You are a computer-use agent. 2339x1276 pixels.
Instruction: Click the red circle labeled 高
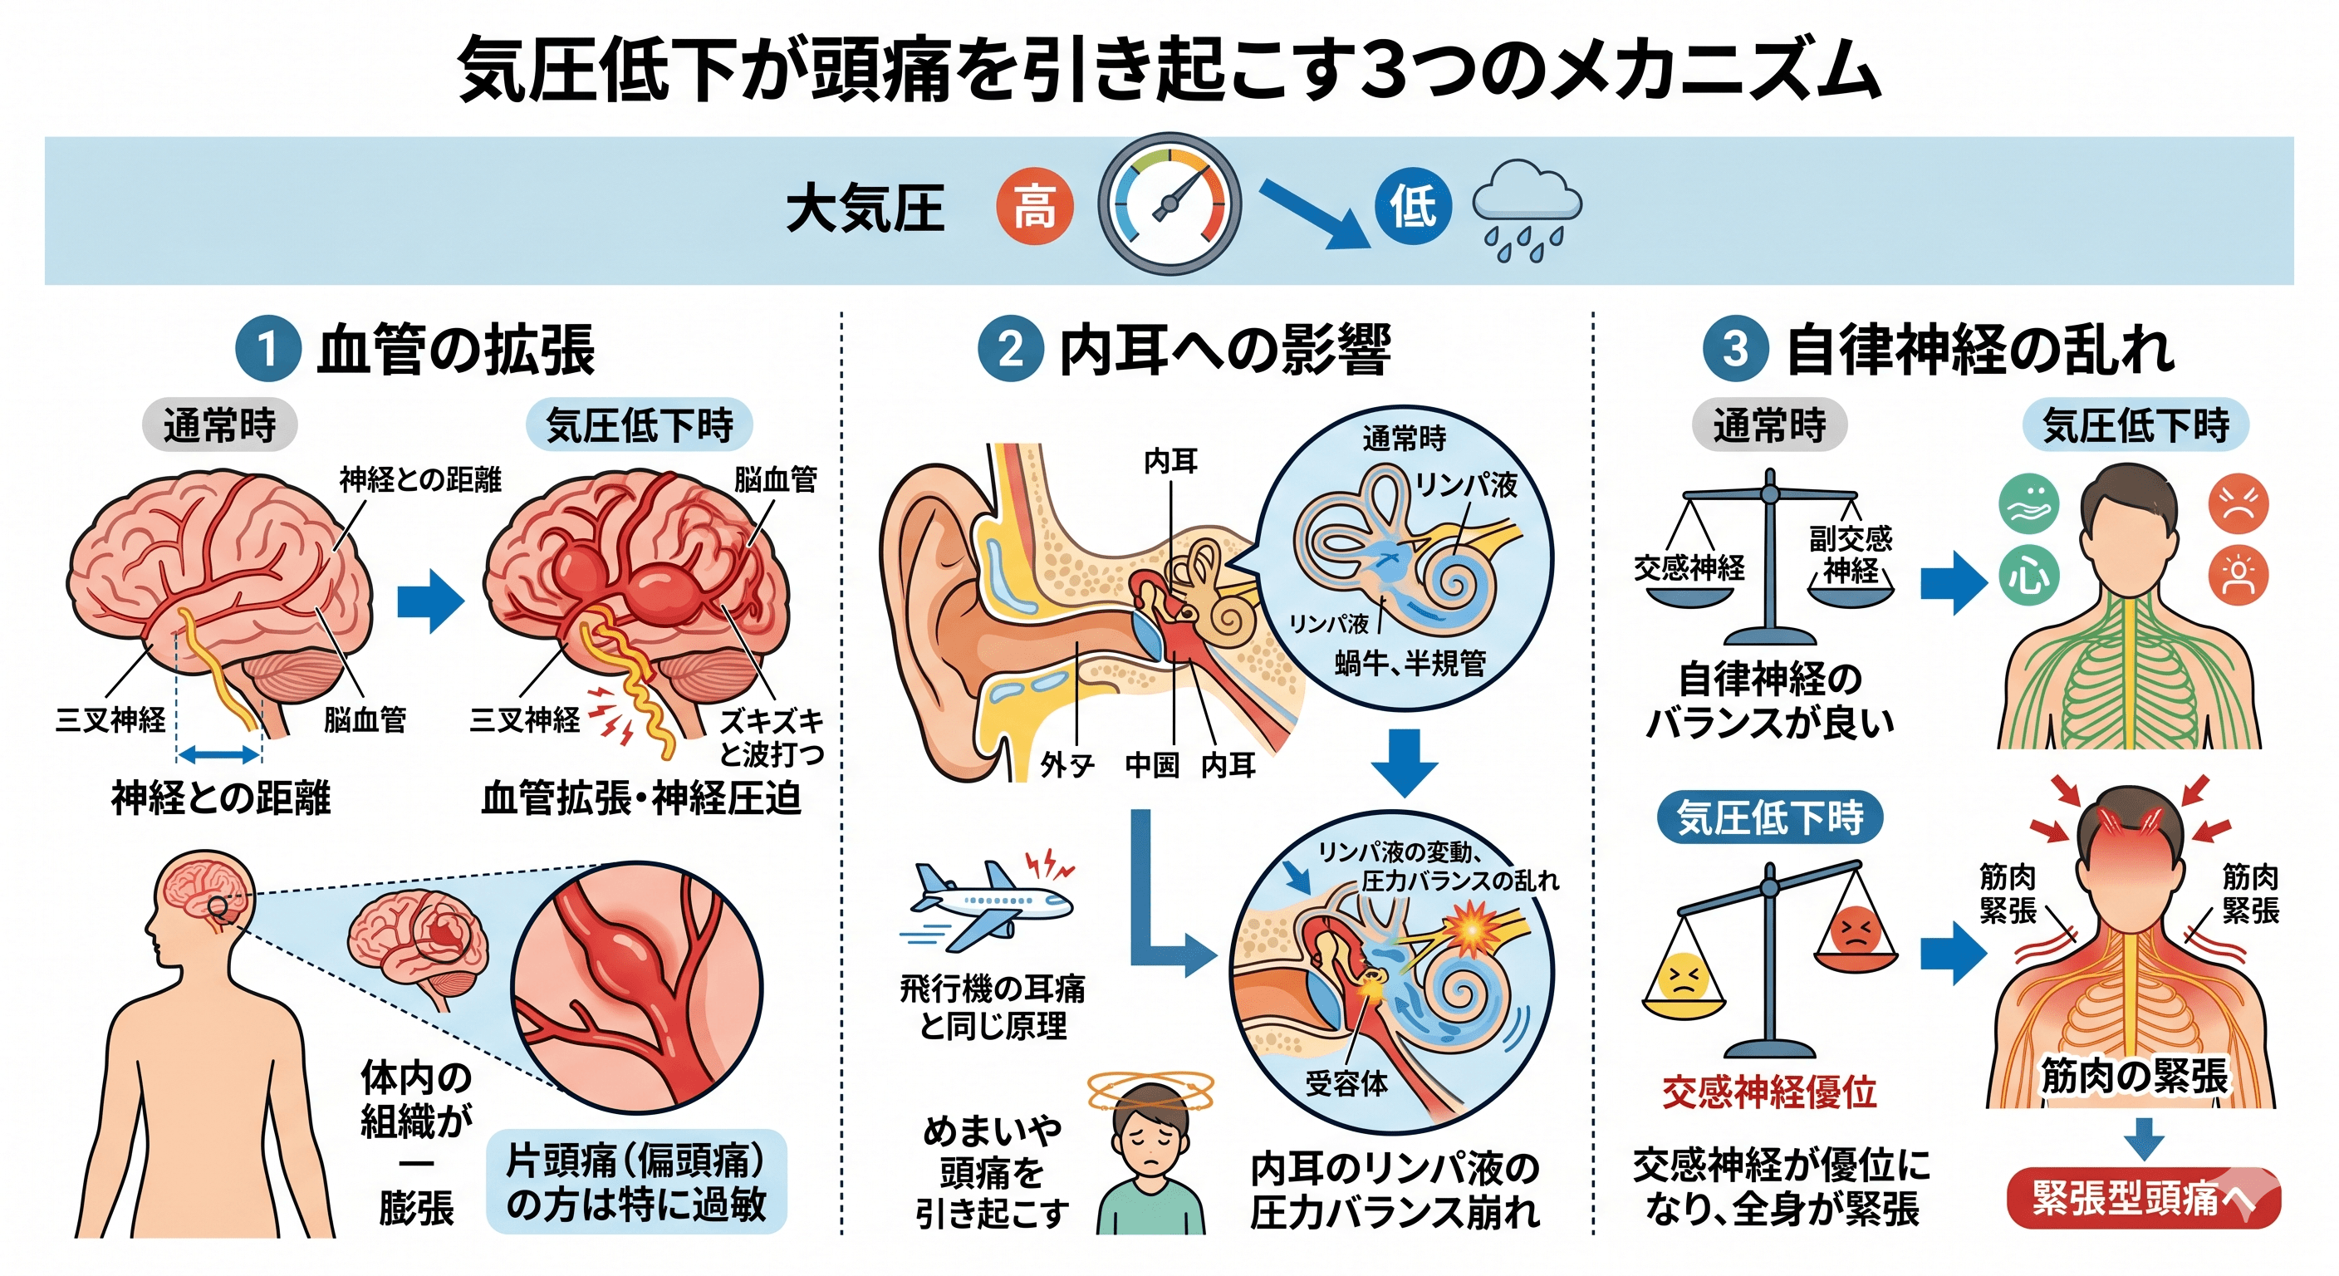pyautogui.click(x=1034, y=206)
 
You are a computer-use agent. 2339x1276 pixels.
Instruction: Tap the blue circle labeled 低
pyautogui.click(x=1413, y=206)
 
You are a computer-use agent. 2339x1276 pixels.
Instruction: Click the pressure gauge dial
pyautogui.click(x=1169, y=205)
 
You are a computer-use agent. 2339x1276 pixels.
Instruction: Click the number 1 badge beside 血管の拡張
pyautogui.click(x=267, y=349)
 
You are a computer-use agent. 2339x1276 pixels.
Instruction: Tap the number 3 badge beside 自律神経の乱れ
pyautogui.click(x=1735, y=349)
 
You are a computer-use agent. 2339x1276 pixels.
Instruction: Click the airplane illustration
pyautogui.click(x=992, y=903)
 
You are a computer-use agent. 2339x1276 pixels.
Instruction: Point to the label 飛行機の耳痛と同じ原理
pyautogui.click(x=992, y=1006)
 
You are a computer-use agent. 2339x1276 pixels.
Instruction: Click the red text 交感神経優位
pyautogui.click(x=1768, y=1092)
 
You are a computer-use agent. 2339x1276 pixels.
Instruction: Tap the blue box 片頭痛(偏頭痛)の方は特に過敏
pyautogui.click(x=636, y=1181)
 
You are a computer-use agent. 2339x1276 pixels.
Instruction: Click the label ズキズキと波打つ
pyautogui.click(x=772, y=737)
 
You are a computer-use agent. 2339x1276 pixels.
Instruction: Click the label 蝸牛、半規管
pyautogui.click(x=1410, y=663)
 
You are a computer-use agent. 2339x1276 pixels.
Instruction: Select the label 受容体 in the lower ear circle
pyautogui.click(x=1346, y=1082)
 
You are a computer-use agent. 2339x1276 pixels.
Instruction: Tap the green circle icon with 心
pyautogui.click(x=2029, y=574)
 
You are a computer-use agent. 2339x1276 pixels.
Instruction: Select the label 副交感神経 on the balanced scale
pyautogui.click(x=1851, y=554)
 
